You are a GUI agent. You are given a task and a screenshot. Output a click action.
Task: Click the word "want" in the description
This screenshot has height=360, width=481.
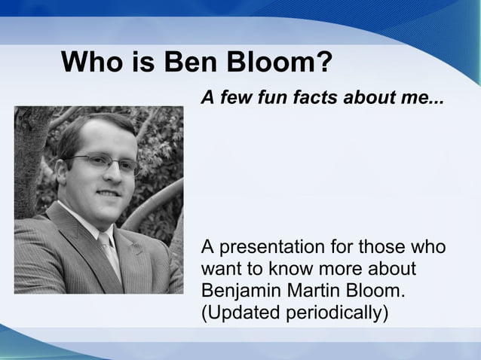pos(223,269)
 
